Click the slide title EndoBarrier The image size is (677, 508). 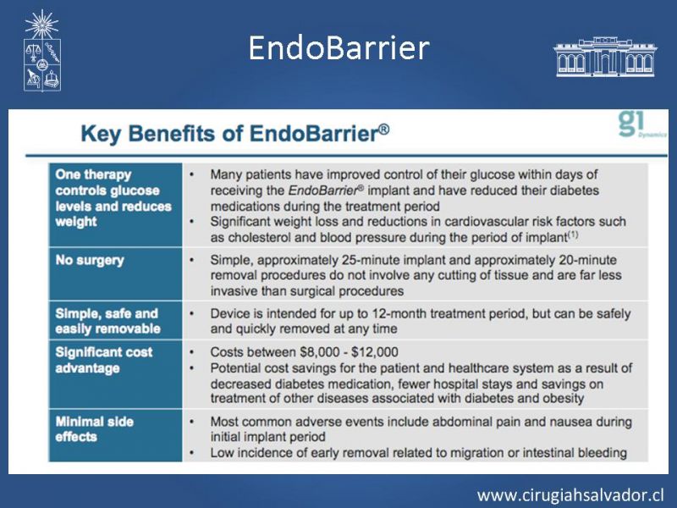click(339, 48)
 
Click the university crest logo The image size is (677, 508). click(41, 51)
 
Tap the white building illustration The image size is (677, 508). click(605, 57)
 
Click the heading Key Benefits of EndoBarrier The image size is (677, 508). click(235, 133)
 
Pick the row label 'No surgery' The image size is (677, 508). click(90, 260)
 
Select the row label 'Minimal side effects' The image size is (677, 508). click(95, 429)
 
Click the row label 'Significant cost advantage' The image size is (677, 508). click(104, 360)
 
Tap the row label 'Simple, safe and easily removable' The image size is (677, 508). click(108, 321)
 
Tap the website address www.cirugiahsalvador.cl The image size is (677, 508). click(570, 495)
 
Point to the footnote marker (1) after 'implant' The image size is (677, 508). click(573, 235)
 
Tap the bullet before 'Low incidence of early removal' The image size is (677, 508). click(192, 453)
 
